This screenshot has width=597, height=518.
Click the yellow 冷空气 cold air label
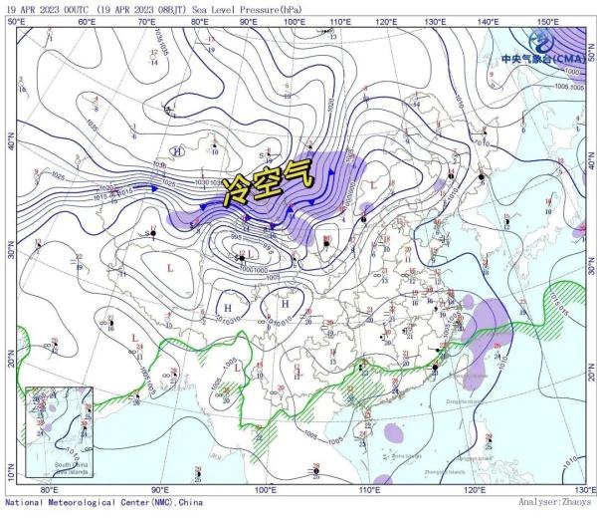(x=267, y=182)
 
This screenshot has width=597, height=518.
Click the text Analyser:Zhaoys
(x=556, y=505)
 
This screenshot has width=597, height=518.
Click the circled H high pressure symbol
(x=178, y=151)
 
